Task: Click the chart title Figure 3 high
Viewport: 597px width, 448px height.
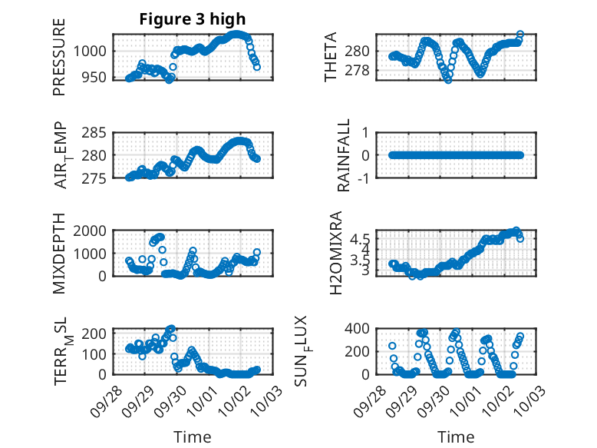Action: click(x=193, y=19)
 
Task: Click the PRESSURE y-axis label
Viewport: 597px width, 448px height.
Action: click(x=59, y=57)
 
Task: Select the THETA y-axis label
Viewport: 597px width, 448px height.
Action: click(x=331, y=57)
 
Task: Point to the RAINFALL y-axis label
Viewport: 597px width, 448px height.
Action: click(x=345, y=155)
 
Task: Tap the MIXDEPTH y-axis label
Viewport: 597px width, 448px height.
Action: click(x=59, y=254)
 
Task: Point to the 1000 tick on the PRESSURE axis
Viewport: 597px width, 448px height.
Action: click(x=93, y=51)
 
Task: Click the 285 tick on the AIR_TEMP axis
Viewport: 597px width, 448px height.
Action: click(x=96, y=133)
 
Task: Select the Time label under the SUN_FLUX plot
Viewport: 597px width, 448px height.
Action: click(x=456, y=436)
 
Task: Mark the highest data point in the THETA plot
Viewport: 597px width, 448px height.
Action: click(x=520, y=35)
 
